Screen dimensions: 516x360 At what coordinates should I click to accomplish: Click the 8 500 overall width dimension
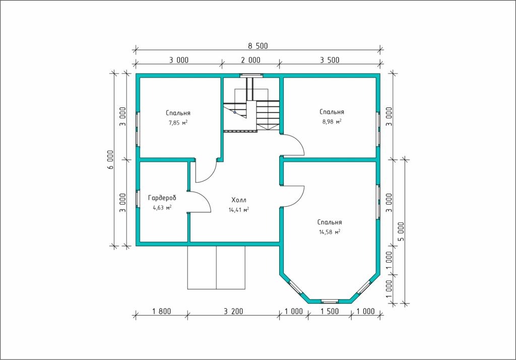257,46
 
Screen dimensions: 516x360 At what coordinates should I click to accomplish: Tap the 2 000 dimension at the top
250,60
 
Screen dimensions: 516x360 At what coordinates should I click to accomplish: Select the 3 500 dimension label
330,60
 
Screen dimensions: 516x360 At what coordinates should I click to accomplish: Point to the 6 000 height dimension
110,160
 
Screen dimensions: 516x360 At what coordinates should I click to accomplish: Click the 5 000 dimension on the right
401,231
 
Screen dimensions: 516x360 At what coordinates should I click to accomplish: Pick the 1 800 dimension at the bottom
162,311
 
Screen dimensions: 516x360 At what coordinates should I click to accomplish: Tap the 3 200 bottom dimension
233,311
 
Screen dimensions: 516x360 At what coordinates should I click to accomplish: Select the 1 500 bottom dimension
330,311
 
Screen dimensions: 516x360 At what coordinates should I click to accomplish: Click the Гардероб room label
162,198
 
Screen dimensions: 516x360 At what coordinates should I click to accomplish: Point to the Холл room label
238,200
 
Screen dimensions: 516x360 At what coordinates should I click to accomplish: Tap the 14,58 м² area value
330,232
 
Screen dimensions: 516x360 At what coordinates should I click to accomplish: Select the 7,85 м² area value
178,123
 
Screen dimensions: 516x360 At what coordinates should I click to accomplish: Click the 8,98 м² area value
332,122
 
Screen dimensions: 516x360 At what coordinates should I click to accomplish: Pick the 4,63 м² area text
162,208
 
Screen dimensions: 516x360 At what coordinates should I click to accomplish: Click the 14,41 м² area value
238,209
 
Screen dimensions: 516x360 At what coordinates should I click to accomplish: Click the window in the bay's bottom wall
330,301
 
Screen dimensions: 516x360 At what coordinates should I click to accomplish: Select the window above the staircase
251,75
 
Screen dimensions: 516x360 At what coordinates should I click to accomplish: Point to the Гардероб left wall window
138,199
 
